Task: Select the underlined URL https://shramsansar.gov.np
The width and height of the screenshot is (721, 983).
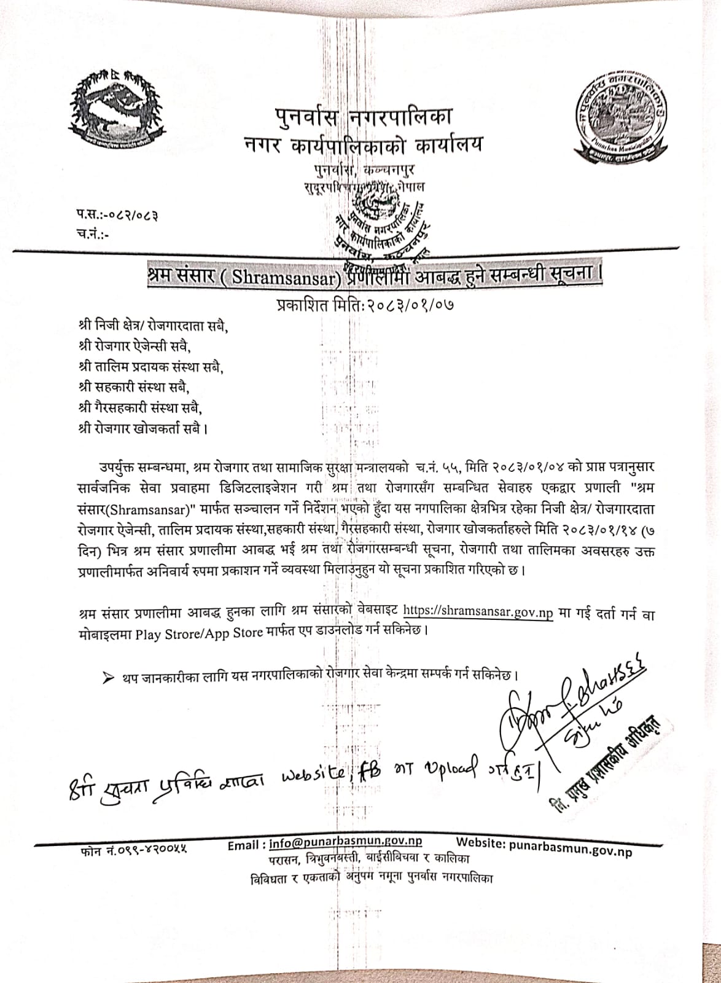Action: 478,612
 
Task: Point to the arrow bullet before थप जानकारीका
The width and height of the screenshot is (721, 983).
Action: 108,677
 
